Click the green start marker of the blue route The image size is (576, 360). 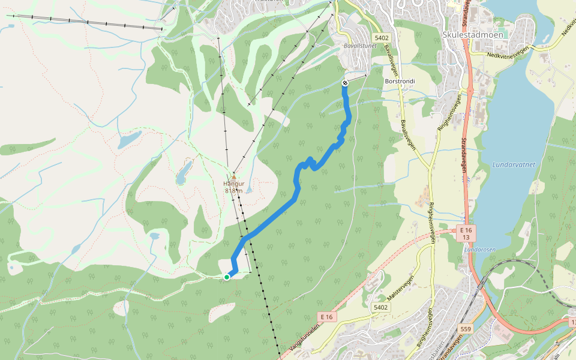tap(227, 277)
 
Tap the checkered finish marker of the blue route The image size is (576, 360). tap(345, 83)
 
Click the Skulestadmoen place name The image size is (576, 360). tap(473, 35)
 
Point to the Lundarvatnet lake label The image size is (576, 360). tap(513, 164)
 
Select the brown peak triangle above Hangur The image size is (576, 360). tap(233, 177)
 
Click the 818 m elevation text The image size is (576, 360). tap(233, 191)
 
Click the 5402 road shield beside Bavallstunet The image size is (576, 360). tap(380, 38)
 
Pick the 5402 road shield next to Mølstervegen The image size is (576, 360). tap(380, 307)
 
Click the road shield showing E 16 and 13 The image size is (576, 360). tap(466, 234)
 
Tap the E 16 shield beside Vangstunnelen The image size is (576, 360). tap(326, 316)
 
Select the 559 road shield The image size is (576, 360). tap(466, 329)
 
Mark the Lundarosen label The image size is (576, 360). tap(478, 249)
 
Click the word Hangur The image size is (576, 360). tap(233, 184)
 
